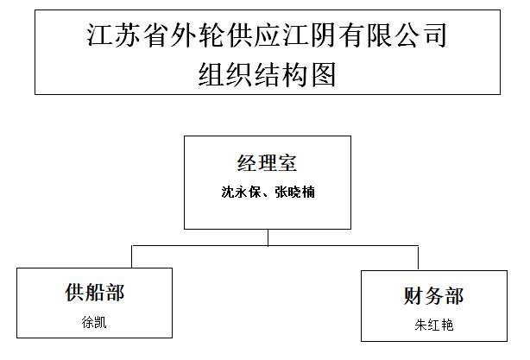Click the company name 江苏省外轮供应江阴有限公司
point(267,35)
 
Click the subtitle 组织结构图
point(267,74)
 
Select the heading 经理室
point(267,163)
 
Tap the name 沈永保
point(241,192)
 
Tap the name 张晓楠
point(294,192)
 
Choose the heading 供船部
point(95,293)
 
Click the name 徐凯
point(94,322)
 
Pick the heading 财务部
point(433,295)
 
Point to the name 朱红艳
point(434,325)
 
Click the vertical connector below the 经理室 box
point(268,237)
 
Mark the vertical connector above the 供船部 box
point(132,256)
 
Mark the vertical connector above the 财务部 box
point(418,258)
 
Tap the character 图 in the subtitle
point(324,74)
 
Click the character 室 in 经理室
point(287,163)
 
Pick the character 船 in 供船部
point(95,293)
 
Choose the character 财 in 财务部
point(413,295)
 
